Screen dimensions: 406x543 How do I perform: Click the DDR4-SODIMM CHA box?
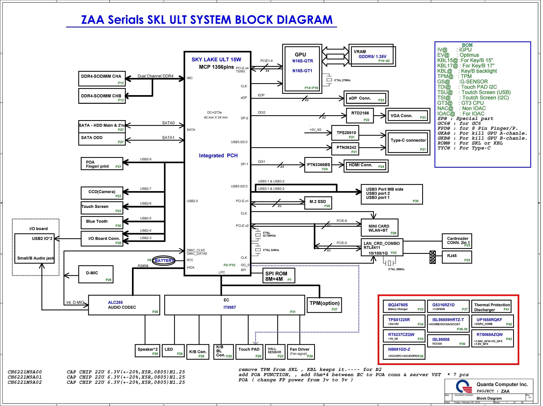(102, 79)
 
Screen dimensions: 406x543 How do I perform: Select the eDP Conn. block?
(366, 98)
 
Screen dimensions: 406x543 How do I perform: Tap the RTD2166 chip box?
(360, 115)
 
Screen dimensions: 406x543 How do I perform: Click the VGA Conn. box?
(408, 116)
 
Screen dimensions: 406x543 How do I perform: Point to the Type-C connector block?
(408, 143)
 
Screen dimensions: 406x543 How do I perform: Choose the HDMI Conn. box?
(366, 166)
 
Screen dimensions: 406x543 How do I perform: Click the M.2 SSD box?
(318, 203)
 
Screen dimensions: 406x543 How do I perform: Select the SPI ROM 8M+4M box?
(279, 276)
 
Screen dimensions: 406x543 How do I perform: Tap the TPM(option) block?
(324, 305)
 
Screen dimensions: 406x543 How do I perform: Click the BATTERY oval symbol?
(164, 261)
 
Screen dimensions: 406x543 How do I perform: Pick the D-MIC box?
(96, 274)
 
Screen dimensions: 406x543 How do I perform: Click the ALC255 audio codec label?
(115, 302)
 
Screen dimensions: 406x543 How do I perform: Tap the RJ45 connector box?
(457, 257)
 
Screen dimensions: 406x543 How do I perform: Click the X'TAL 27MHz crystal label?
(342, 80)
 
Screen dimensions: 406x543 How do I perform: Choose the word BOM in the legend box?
(467, 45)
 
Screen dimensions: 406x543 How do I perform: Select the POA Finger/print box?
(102, 164)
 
